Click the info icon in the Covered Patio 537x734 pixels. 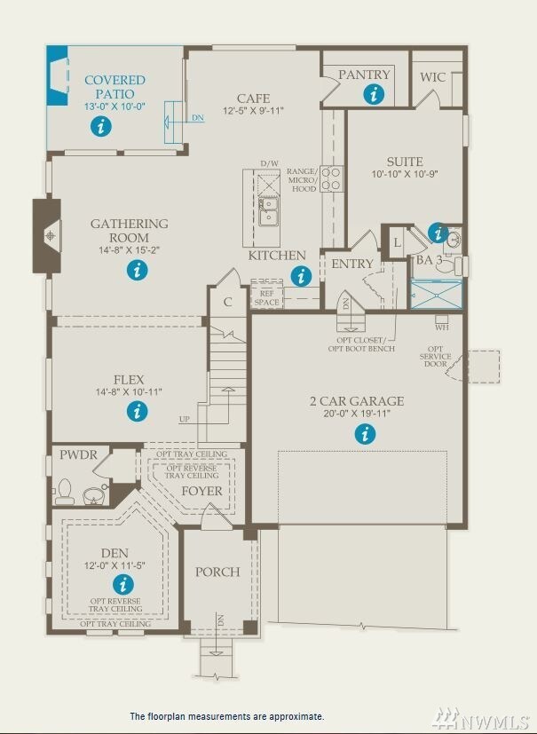point(102,127)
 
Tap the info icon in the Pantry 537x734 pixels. point(375,94)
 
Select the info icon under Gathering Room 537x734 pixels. point(136,271)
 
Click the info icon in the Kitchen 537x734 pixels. point(303,277)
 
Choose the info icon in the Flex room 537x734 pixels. point(137,411)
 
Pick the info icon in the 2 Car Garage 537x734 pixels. point(365,434)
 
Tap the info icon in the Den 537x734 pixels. point(122,584)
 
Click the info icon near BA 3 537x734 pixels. point(438,233)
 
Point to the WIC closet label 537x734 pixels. point(433,77)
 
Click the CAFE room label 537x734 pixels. point(252,99)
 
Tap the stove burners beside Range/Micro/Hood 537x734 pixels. point(331,179)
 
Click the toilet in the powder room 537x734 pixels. point(65,490)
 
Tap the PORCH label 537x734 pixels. point(217,572)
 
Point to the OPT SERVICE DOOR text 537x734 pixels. point(435,358)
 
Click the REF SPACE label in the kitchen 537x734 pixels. point(266,297)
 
